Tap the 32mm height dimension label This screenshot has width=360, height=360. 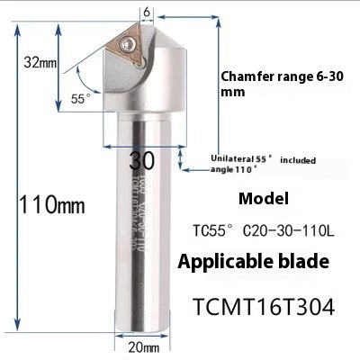(x=40, y=62)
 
